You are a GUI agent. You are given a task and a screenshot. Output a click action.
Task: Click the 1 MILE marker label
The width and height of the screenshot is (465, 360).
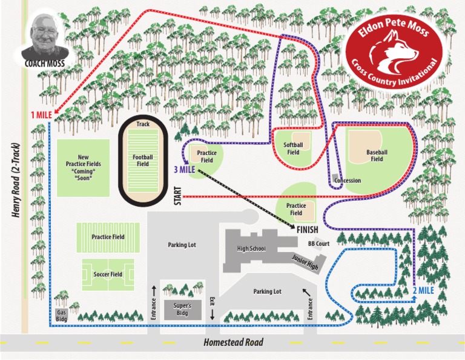click(x=41, y=115)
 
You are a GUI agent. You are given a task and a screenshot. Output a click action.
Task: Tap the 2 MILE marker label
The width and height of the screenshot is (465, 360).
click(x=424, y=290)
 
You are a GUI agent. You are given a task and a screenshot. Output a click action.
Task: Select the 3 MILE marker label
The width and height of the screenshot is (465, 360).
click(x=184, y=170)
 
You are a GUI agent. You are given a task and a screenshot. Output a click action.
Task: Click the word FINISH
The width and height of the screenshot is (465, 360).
click(x=308, y=230)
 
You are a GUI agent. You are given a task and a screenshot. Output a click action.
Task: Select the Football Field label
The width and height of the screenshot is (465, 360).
click(x=143, y=160)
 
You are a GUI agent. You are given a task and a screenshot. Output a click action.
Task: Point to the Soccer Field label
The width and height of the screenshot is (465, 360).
click(x=108, y=275)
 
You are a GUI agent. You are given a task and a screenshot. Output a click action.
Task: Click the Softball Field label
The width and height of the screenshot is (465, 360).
click(x=294, y=148)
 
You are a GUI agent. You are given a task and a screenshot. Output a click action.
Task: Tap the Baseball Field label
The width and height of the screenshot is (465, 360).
click(x=377, y=155)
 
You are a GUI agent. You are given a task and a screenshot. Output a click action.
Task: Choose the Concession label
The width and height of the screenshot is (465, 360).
click(x=348, y=181)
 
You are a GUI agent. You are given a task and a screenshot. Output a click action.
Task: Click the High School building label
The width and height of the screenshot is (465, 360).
click(x=251, y=248)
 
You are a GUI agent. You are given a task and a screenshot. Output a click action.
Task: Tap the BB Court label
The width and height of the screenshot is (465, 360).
click(x=318, y=243)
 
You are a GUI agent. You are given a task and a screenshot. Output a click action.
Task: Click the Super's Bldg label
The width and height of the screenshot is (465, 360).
click(x=182, y=309)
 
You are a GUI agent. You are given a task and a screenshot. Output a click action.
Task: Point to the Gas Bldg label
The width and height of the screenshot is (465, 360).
click(x=61, y=315)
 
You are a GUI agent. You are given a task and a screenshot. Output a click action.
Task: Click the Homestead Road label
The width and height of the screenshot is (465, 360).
click(x=233, y=342)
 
